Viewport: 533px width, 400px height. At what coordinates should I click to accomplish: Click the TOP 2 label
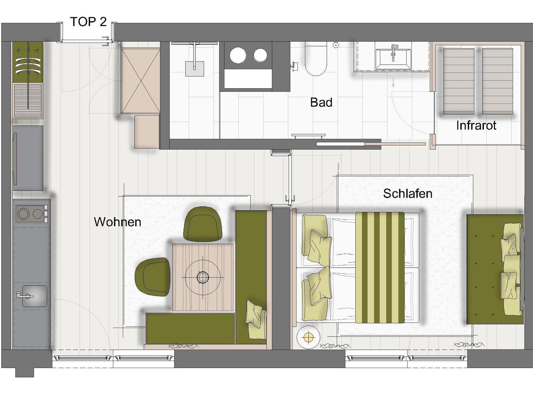[x=88, y=22]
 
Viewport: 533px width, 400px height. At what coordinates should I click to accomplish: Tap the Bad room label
[x=321, y=102]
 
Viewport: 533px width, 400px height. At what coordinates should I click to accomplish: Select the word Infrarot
[x=476, y=125]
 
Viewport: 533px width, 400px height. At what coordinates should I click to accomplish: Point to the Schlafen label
[x=408, y=193]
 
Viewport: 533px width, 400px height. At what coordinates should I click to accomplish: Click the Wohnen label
[x=118, y=222]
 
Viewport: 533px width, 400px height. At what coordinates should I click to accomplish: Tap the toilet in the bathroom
[x=316, y=59]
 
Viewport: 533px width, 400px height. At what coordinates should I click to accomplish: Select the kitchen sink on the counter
[x=35, y=296]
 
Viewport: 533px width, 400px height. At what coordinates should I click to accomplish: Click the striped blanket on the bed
[x=380, y=267]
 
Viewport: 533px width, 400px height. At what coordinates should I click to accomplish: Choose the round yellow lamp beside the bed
[x=308, y=337]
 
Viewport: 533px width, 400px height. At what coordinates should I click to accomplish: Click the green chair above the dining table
[x=203, y=224]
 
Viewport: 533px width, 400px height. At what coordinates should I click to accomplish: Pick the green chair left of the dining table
[x=153, y=277]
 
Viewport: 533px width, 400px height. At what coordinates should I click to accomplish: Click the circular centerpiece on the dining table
[x=203, y=277]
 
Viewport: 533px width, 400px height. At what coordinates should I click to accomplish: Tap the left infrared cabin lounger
[x=459, y=81]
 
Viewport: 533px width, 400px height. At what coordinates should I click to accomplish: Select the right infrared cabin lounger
[x=497, y=81]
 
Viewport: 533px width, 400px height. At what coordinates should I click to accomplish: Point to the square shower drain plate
[x=194, y=69]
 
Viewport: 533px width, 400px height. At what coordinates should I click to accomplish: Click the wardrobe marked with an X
[x=141, y=81]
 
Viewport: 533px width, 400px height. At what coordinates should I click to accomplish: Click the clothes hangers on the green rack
[x=28, y=66]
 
